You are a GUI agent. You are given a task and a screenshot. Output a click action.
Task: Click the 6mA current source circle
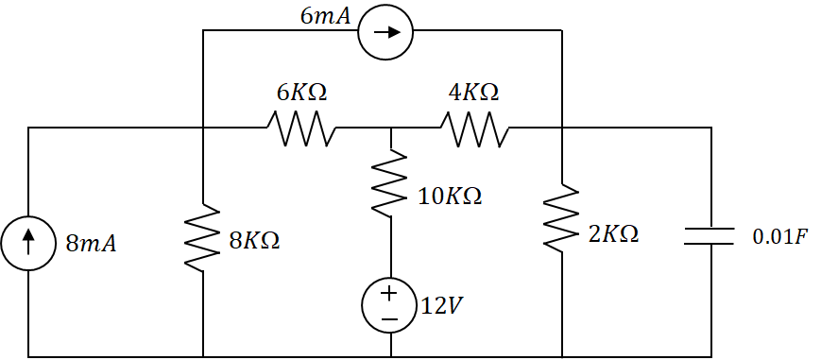pyautogui.click(x=385, y=31)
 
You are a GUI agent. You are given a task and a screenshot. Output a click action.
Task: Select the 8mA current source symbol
pyautogui.click(x=28, y=243)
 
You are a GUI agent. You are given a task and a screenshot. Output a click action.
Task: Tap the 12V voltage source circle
pyautogui.click(x=389, y=306)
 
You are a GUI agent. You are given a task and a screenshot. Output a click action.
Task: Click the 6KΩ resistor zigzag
pyautogui.click(x=301, y=128)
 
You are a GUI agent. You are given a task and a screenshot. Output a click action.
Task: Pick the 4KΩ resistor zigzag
pyautogui.click(x=475, y=128)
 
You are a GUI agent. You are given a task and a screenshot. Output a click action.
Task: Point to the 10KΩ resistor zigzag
pyautogui.click(x=389, y=184)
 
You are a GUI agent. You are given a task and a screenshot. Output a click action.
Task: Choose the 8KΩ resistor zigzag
pyautogui.click(x=203, y=238)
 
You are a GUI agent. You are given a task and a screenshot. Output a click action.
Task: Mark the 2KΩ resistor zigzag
pyautogui.click(x=562, y=218)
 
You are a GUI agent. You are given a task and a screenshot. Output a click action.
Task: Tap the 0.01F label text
pyautogui.click(x=779, y=235)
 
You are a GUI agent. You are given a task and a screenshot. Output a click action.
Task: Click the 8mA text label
pyautogui.click(x=91, y=244)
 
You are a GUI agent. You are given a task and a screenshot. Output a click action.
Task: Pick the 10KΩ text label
pyautogui.click(x=450, y=197)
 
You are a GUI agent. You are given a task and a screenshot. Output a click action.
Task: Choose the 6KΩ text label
pyautogui.click(x=301, y=93)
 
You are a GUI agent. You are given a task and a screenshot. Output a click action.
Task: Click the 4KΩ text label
pyautogui.click(x=473, y=93)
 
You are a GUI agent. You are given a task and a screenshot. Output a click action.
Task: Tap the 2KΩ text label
pyautogui.click(x=613, y=234)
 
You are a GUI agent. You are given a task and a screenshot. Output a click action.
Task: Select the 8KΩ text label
pyautogui.click(x=254, y=240)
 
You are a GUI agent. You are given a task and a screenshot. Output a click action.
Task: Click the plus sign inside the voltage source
pyautogui.click(x=389, y=294)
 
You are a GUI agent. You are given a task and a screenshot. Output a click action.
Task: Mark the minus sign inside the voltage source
pyautogui.click(x=389, y=318)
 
